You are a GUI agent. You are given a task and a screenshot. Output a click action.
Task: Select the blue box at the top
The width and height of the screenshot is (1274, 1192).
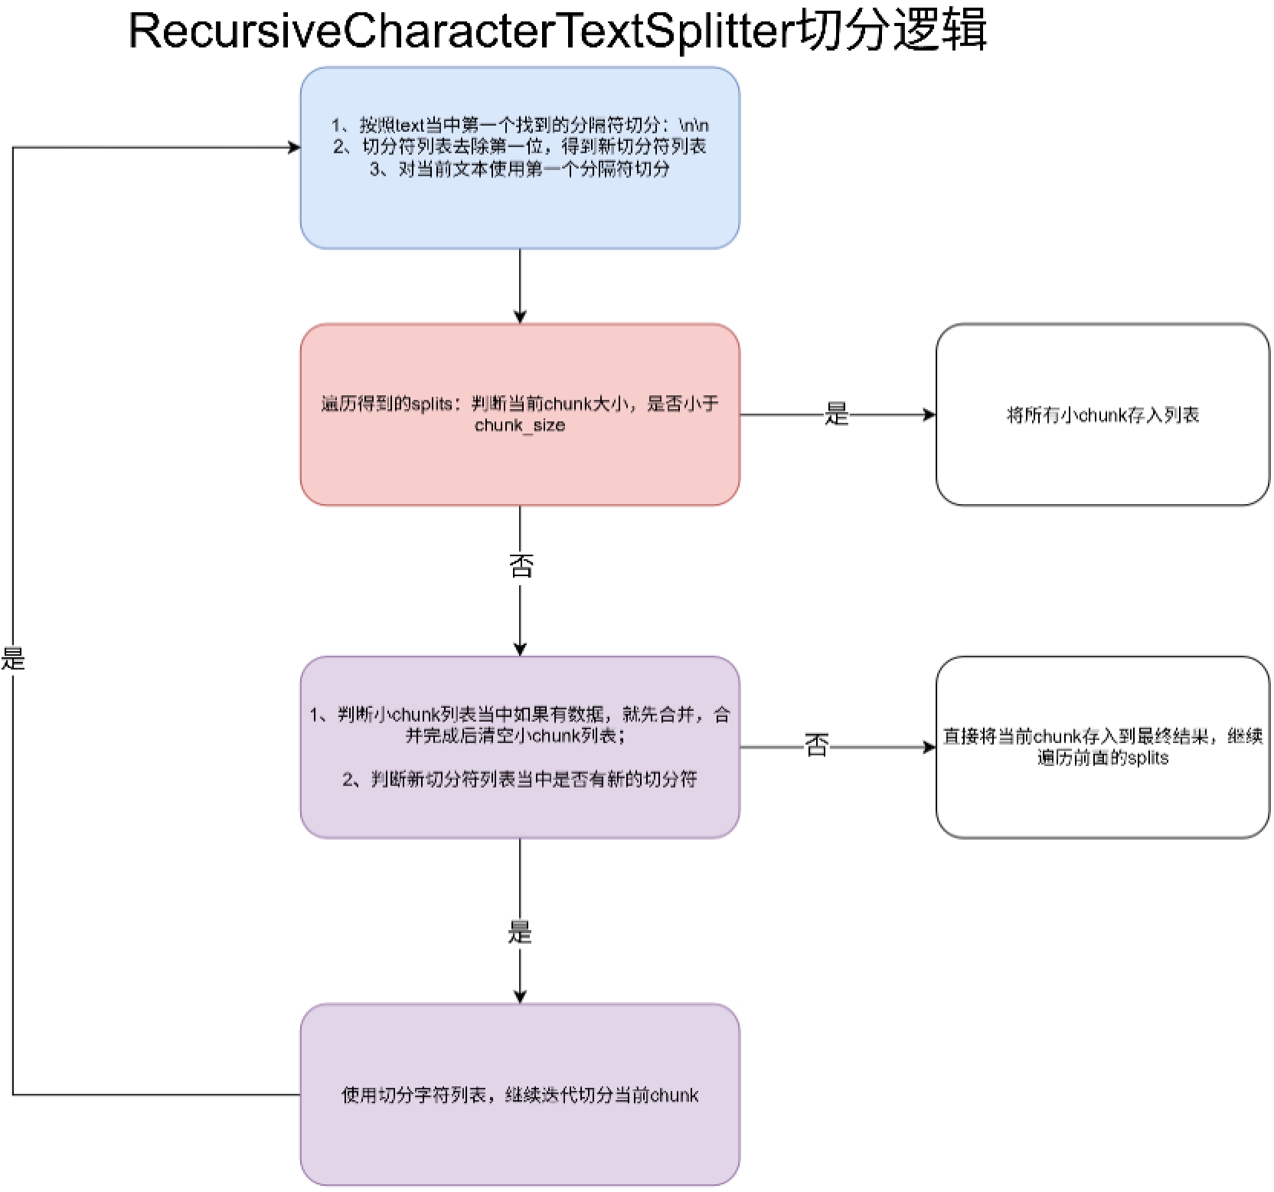click(520, 158)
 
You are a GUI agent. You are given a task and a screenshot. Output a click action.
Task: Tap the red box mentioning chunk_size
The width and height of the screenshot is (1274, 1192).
click(520, 414)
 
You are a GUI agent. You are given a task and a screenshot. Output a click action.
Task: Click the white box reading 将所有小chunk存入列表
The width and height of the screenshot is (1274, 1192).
click(1102, 414)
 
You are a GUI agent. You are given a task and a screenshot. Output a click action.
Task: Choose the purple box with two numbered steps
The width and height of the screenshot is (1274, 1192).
click(520, 747)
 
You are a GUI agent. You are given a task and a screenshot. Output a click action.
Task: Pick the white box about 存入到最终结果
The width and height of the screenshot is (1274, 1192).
click(1102, 747)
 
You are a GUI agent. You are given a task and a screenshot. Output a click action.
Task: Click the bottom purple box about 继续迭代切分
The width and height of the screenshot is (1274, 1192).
click(520, 1095)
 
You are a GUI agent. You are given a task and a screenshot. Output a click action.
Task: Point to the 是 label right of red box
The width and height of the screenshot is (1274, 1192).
click(837, 414)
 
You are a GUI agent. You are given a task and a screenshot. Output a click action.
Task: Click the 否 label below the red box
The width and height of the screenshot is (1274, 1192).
click(521, 566)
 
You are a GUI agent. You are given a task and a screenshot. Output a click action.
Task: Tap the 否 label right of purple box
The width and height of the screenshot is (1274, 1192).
click(816, 745)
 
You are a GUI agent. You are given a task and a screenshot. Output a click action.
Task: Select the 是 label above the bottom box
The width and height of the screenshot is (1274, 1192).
click(520, 932)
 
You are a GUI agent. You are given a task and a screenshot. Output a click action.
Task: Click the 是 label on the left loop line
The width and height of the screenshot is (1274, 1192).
click(13, 658)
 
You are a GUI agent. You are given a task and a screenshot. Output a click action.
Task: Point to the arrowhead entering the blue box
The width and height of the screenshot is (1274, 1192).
click(294, 147)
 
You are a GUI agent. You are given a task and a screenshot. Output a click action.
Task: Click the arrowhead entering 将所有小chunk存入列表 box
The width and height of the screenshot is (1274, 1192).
click(929, 414)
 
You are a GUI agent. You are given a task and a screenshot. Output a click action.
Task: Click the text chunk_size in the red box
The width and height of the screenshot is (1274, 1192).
click(520, 426)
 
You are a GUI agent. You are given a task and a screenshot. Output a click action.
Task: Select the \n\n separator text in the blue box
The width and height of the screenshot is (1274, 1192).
click(694, 125)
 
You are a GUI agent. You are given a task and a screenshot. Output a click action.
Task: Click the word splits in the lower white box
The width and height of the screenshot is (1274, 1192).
click(1148, 758)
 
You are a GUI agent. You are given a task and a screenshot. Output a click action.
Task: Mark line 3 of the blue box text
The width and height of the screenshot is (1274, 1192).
click(520, 169)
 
